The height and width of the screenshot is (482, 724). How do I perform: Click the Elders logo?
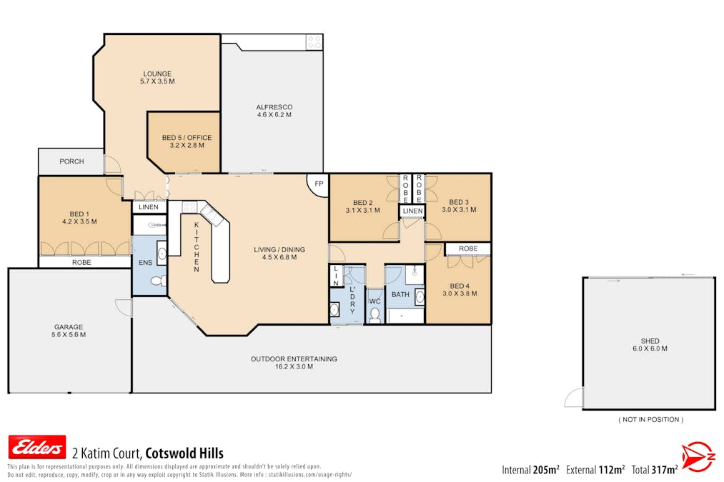(36, 447)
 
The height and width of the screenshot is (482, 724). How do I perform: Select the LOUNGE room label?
(157, 78)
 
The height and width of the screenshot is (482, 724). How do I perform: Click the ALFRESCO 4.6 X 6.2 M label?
(274, 111)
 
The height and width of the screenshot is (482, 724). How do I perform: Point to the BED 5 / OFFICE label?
(187, 141)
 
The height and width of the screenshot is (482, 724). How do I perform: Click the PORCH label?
(71, 161)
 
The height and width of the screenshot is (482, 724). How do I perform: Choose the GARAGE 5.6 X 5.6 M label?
(69, 331)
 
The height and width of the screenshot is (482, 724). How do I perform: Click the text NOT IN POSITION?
(650, 420)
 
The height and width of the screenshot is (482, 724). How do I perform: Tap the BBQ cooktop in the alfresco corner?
(314, 41)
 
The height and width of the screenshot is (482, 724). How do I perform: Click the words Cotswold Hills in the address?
(184, 453)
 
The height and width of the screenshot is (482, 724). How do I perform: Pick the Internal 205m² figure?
(531, 470)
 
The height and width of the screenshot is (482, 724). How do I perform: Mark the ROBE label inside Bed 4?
(468, 248)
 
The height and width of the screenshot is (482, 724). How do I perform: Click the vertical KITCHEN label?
(197, 247)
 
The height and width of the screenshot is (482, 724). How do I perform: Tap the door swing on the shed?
(574, 398)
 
